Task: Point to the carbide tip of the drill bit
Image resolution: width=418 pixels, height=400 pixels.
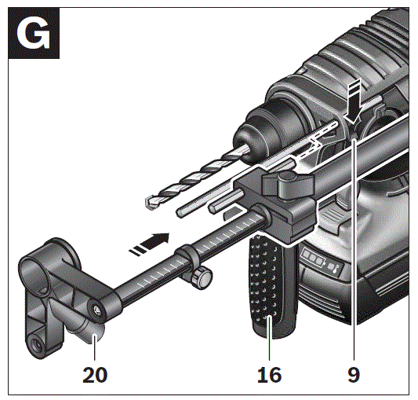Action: (x=150, y=204)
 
